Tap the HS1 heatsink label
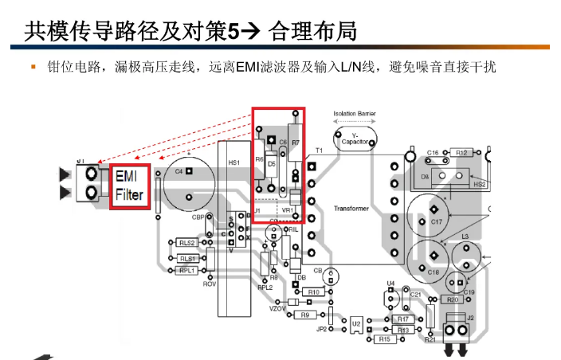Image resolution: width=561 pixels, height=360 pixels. click(x=233, y=162)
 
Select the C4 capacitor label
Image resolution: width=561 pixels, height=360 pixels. click(x=178, y=171)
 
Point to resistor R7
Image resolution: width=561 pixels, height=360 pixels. click(x=295, y=143)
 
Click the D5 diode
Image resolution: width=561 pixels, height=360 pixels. click(x=272, y=164)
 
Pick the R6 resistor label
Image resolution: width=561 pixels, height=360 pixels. click(x=260, y=159)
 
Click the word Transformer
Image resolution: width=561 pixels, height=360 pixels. click(x=351, y=209)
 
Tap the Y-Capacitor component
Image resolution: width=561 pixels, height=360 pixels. click(x=355, y=140)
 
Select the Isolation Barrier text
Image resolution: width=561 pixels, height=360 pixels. click(x=355, y=114)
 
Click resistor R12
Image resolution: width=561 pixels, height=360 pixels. click(x=461, y=152)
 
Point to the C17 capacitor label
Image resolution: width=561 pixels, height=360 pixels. click(x=436, y=221)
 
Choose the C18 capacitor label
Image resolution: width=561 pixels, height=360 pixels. click(x=433, y=272)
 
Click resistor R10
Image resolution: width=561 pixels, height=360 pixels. click(x=314, y=292)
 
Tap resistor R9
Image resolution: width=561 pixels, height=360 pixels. click(x=304, y=315)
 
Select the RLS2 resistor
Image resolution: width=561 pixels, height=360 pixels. click(x=186, y=243)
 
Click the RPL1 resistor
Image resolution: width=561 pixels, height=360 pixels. click(x=187, y=270)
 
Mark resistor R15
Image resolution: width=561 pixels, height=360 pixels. click(x=384, y=339)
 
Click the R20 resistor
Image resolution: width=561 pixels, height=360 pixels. click(x=453, y=299)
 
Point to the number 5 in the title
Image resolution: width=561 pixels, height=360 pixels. click(x=233, y=31)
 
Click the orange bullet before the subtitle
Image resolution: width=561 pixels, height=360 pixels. click(x=33, y=66)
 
